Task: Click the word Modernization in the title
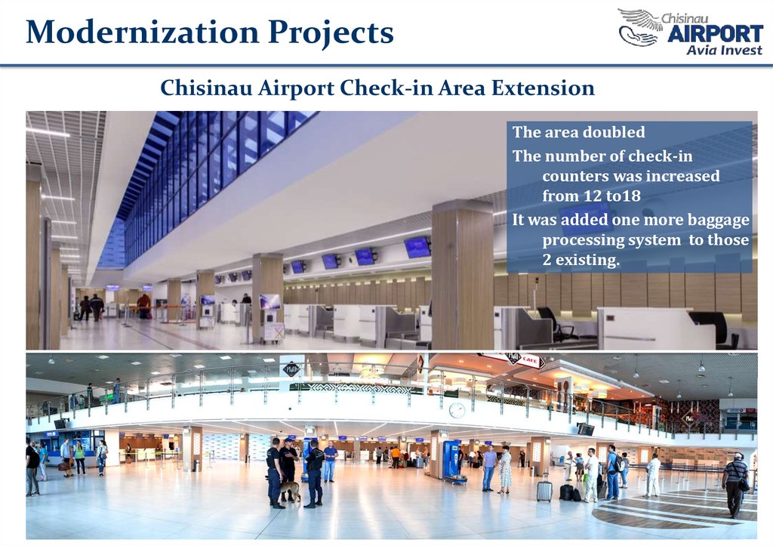pos(143,32)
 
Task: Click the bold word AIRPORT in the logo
pos(716,34)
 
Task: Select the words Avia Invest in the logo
pos(724,50)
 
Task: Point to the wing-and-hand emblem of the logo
pos(639,27)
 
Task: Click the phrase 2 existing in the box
pos(581,260)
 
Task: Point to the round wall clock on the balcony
pos(457,410)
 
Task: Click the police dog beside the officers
pos(290,492)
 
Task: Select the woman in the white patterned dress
pos(504,470)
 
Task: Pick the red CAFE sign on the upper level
pos(530,360)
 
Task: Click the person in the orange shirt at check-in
pos(396,457)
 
